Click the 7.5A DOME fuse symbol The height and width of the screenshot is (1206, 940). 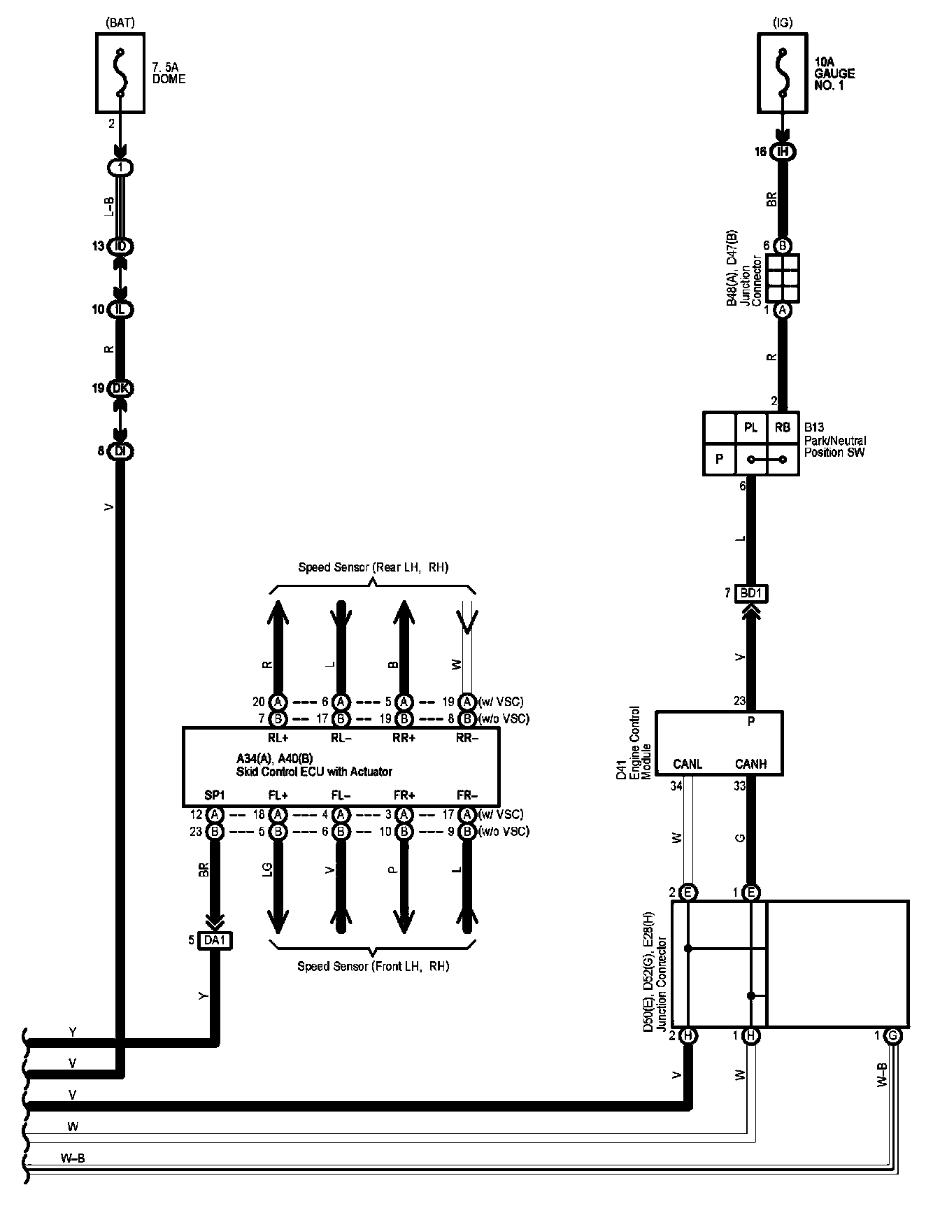(120, 73)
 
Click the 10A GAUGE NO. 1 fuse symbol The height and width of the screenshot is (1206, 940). (783, 73)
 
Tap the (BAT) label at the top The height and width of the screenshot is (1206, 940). (120, 23)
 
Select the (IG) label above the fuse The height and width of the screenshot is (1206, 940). (783, 23)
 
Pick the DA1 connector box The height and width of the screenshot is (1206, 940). (215, 940)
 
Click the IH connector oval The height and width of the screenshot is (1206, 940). (783, 152)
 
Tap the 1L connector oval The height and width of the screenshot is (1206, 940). (120, 309)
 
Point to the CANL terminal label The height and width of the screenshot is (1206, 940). (687, 765)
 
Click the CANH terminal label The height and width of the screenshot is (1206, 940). (750, 765)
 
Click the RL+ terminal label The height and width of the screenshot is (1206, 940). (278, 737)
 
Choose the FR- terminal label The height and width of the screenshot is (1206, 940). (467, 795)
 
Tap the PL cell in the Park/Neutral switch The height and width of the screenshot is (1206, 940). (750, 428)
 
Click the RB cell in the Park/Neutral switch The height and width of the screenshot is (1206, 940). (782, 428)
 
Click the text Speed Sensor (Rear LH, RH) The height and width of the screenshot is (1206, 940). (373, 567)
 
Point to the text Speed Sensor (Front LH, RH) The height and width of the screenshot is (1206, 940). (373, 967)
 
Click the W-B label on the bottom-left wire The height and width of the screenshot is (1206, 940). (73, 1158)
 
